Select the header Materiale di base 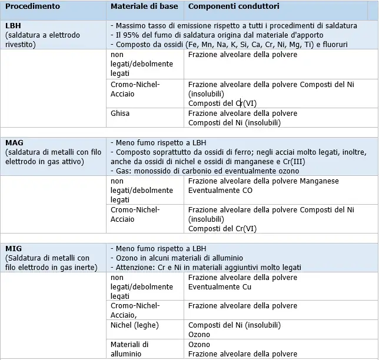[144, 6]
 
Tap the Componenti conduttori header [234, 6]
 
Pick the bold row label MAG [14, 143]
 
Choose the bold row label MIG [14, 248]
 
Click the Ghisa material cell [120, 114]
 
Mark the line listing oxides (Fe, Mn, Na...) [231, 44]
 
